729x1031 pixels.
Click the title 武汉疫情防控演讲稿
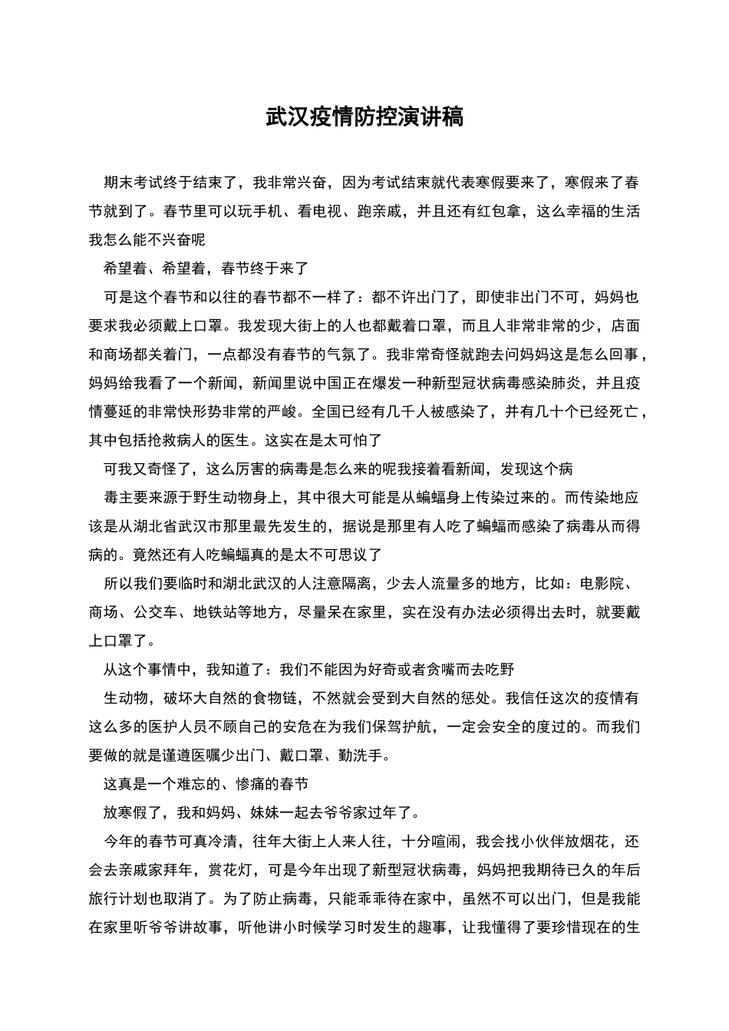click(364, 117)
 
